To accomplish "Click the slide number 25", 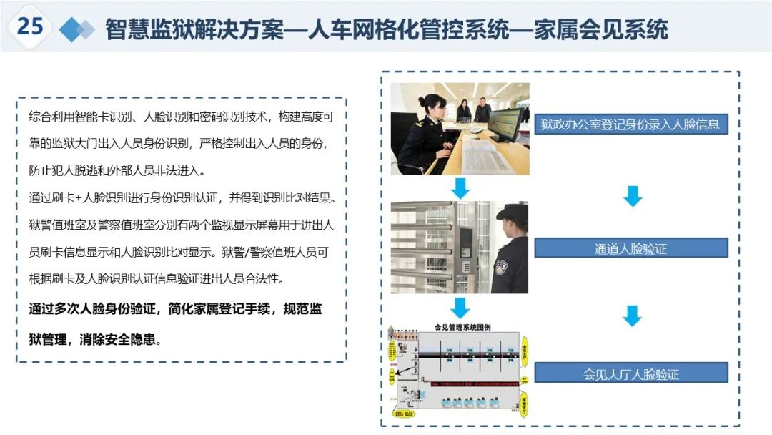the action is click(30, 26).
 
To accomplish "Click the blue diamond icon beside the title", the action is click(76, 29).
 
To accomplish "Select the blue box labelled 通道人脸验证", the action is click(631, 248).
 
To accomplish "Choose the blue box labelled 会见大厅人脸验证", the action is click(631, 373).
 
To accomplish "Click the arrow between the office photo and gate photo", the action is click(460, 189).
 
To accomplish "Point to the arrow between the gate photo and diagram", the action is click(460, 308).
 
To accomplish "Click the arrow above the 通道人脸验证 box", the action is click(633, 196).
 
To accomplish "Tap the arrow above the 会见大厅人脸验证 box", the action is click(633, 316).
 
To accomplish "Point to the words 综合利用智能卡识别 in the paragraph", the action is click(79, 116).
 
